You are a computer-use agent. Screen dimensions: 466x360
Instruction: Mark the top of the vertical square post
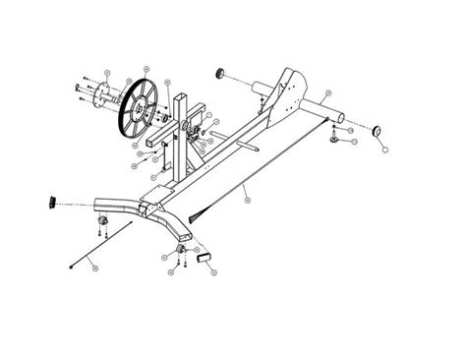tap(181, 90)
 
